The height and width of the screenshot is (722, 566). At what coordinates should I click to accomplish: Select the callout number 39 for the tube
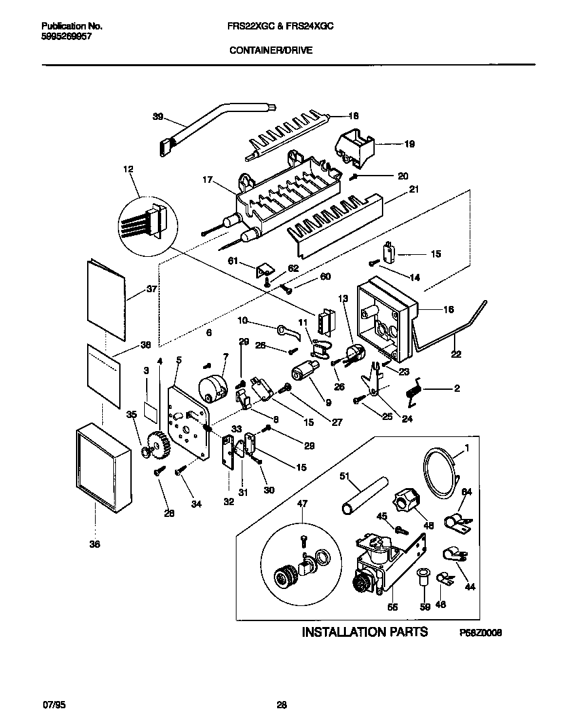157,117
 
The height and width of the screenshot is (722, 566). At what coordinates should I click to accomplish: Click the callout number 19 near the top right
409,143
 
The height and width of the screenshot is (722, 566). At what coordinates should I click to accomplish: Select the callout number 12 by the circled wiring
128,169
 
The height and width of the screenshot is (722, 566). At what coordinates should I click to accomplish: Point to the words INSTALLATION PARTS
364,632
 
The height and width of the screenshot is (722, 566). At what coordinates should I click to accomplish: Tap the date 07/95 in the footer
54,705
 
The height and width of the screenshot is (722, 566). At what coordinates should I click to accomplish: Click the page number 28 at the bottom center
282,705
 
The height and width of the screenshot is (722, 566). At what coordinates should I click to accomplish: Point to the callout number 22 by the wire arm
456,354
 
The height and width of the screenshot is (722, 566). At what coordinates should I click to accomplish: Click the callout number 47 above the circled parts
302,503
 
